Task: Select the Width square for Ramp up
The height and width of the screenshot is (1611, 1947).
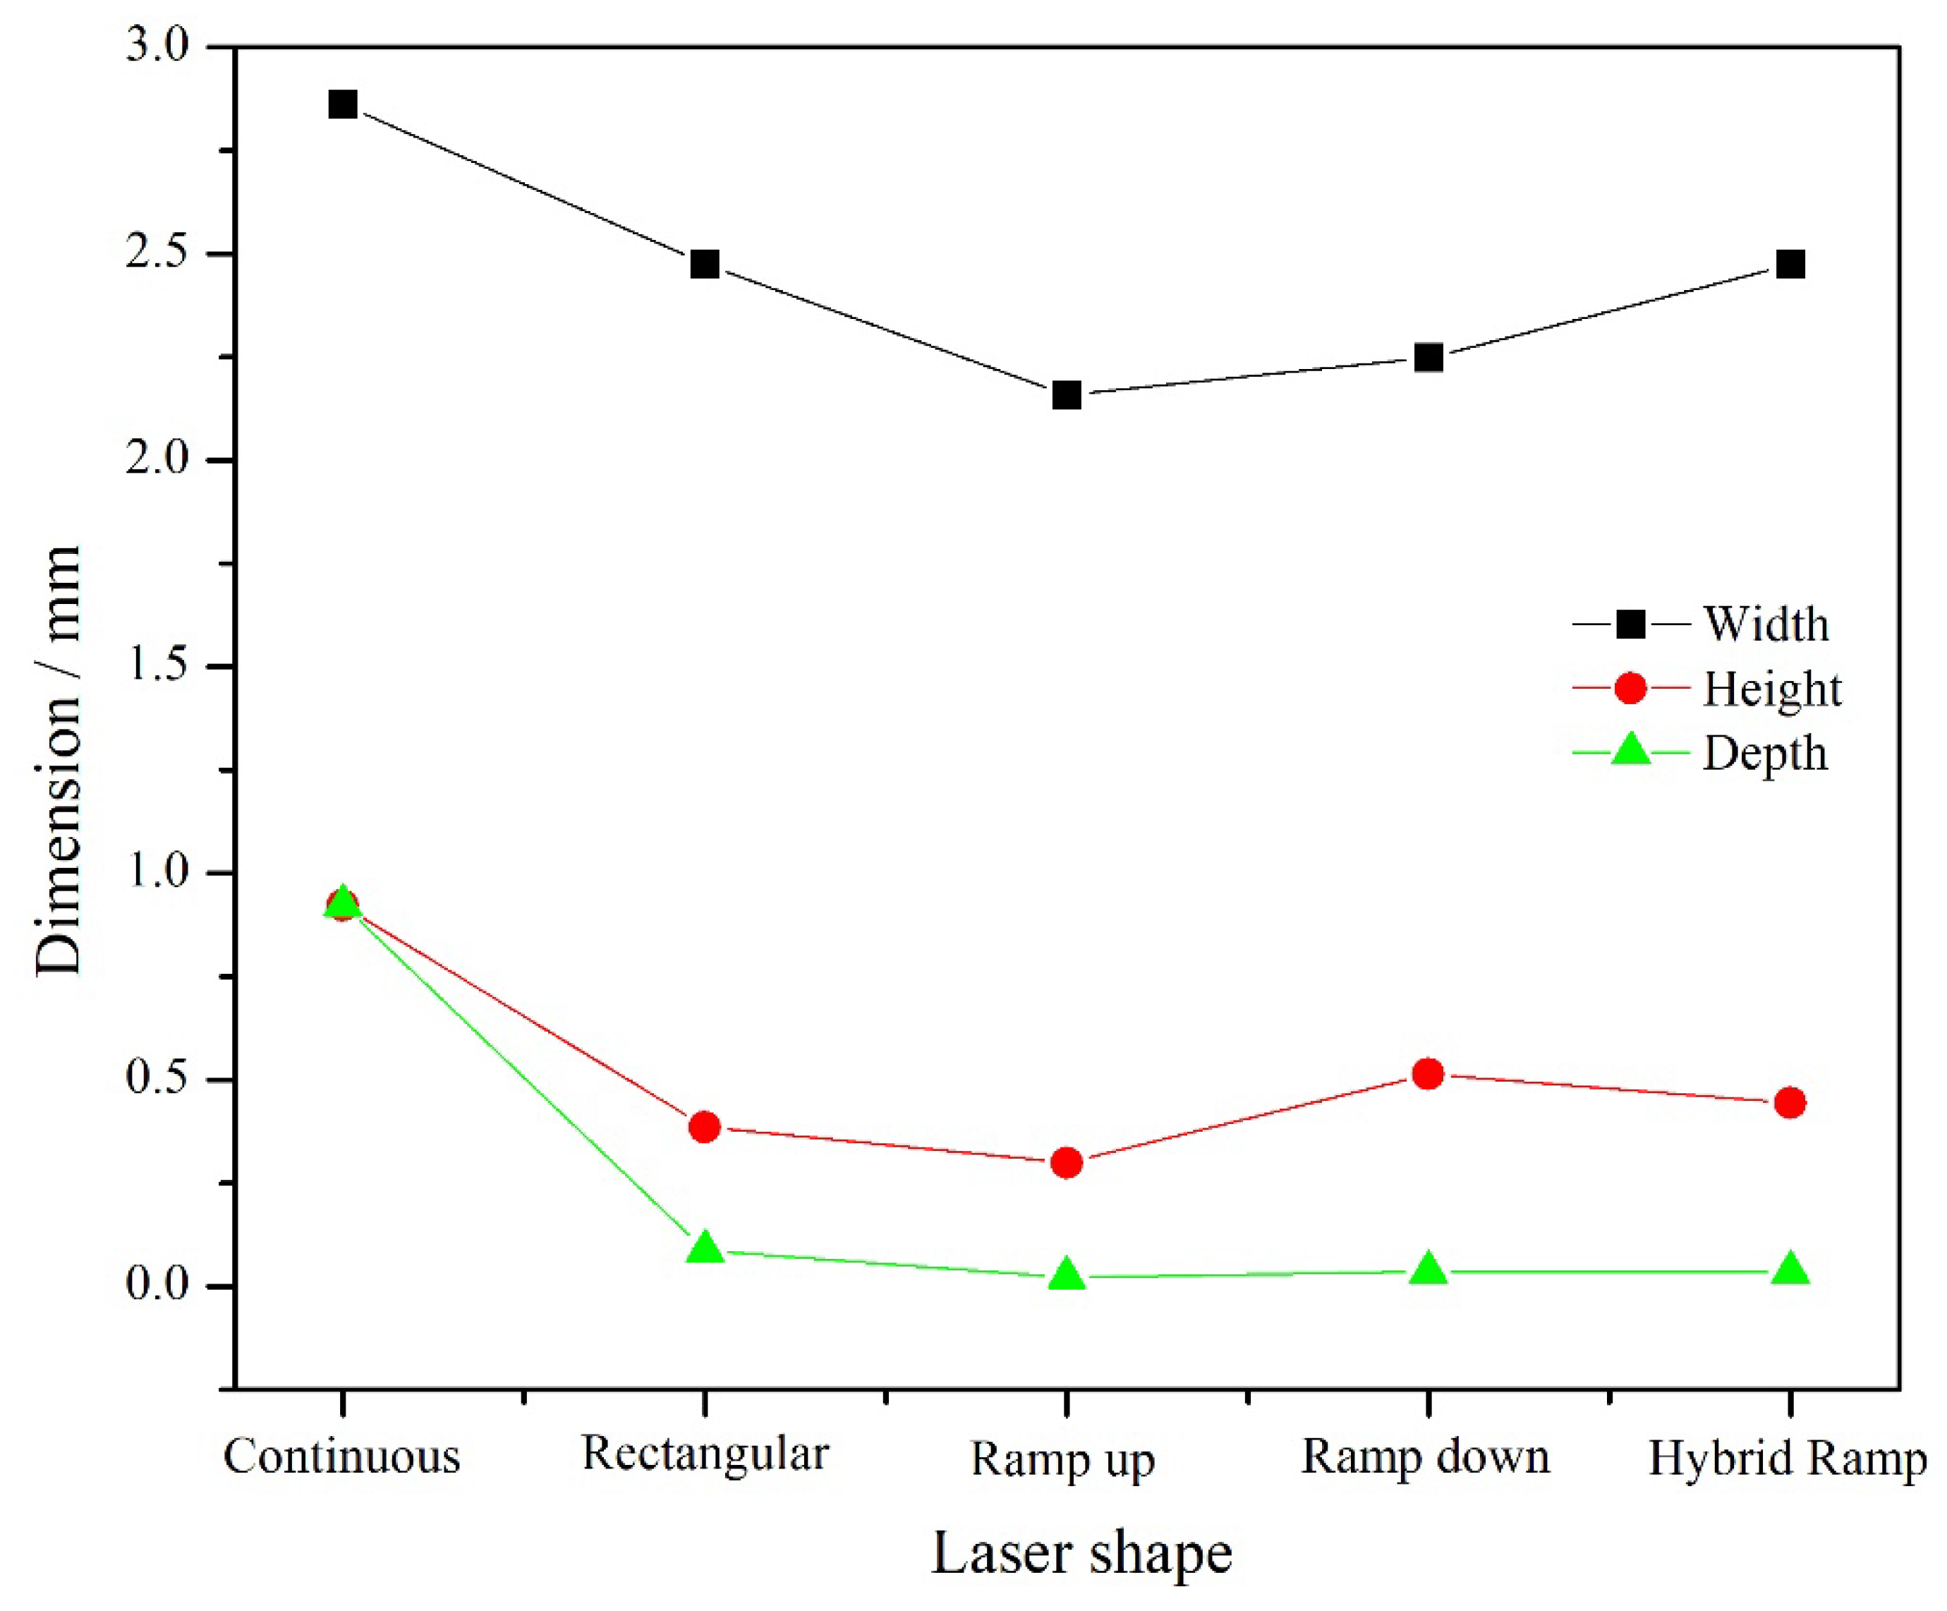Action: pyautogui.click(x=1066, y=396)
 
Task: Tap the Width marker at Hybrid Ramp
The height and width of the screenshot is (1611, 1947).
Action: pyautogui.click(x=1790, y=265)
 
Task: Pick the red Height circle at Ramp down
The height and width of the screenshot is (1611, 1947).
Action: pyautogui.click(x=1428, y=1074)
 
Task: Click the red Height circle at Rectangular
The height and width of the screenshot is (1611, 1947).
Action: pyautogui.click(x=705, y=1127)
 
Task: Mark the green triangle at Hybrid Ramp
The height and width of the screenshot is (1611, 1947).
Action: pyautogui.click(x=1790, y=1269)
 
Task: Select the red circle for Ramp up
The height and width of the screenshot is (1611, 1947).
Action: pyautogui.click(x=1066, y=1162)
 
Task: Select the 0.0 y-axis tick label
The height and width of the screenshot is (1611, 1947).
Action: pyautogui.click(x=157, y=1286)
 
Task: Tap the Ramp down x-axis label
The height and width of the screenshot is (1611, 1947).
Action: pyautogui.click(x=1426, y=1456)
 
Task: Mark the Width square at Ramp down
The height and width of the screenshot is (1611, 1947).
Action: pyautogui.click(x=1428, y=357)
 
